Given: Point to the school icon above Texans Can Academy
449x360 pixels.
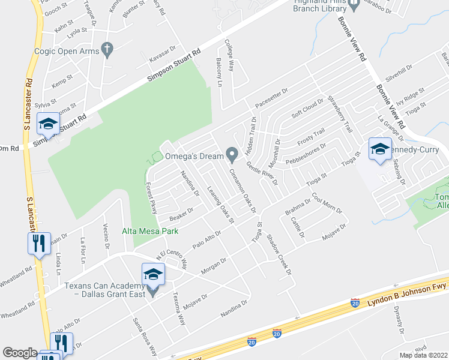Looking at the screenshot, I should (x=152, y=274).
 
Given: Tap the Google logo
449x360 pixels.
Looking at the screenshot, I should (x=20, y=353).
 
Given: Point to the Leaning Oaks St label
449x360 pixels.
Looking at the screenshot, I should (x=220, y=205).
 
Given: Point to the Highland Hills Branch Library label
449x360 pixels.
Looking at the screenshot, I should (x=322, y=6).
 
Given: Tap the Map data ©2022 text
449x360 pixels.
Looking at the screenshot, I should (x=423, y=355).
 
